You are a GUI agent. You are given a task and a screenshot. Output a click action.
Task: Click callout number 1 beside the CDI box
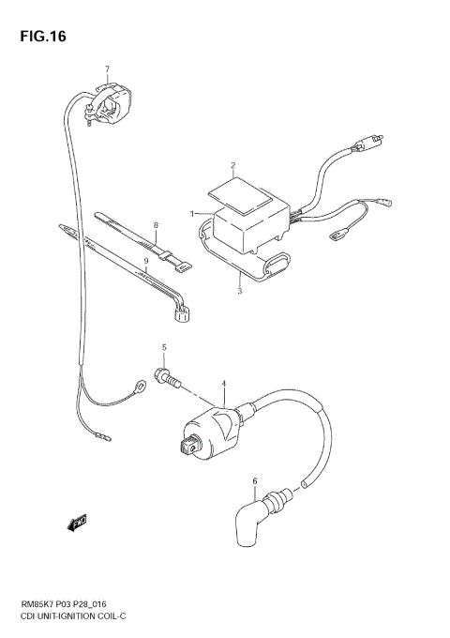193,214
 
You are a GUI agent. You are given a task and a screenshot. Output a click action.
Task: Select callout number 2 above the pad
232,165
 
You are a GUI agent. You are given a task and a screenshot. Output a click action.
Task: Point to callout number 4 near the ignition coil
223,383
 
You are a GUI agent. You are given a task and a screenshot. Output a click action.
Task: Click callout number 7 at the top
107,68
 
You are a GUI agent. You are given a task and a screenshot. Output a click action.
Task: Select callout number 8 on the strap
157,225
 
